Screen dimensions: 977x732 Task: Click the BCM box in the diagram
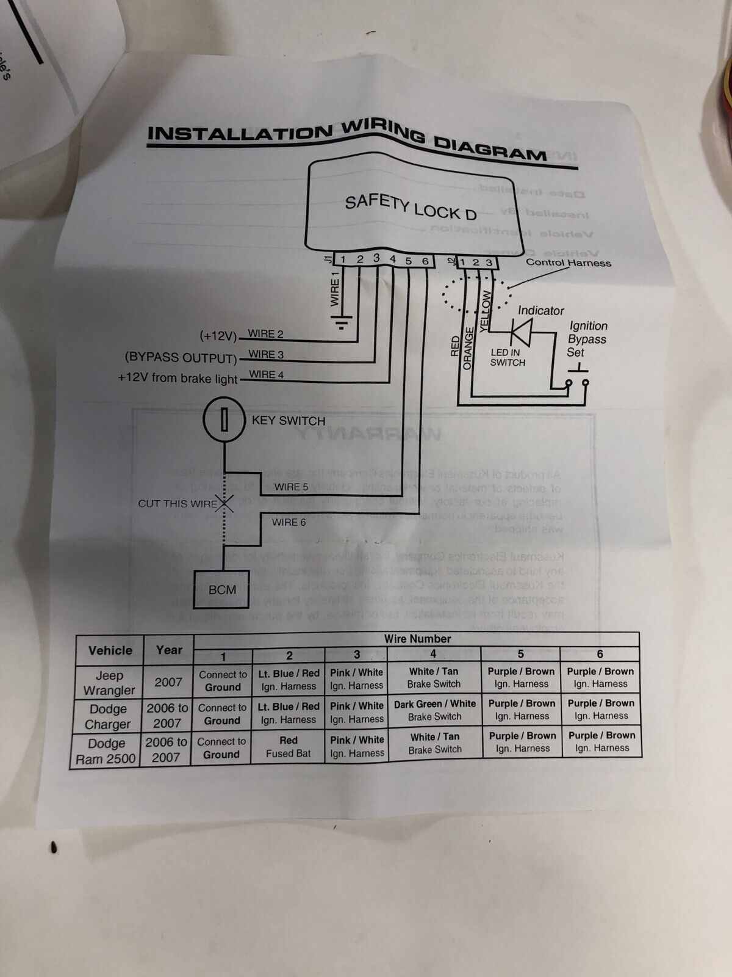pyautogui.click(x=221, y=590)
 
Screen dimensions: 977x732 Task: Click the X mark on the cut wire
pyautogui.click(x=226, y=504)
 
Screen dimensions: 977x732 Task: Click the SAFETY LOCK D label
pyautogui.click(x=411, y=207)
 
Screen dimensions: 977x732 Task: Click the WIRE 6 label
pyautogui.click(x=289, y=522)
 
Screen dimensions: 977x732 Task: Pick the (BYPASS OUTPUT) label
pyautogui.click(x=181, y=357)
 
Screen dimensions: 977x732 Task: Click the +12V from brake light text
pyautogui.click(x=178, y=378)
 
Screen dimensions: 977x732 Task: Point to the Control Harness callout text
pyautogui.click(x=569, y=263)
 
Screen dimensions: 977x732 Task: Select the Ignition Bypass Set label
pyautogui.click(x=587, y=339)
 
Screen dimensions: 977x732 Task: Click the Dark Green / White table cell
pyautogui.click(x=434, y=710)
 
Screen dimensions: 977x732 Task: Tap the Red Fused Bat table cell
pyautogui.click(x=289, y=747)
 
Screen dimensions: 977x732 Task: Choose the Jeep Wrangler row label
pyautogui.click(x=109, y=683)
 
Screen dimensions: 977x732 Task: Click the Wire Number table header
pyautogui.click(x=417, y=639)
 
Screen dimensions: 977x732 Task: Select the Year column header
pyautogui.click(x=169, y=650)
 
